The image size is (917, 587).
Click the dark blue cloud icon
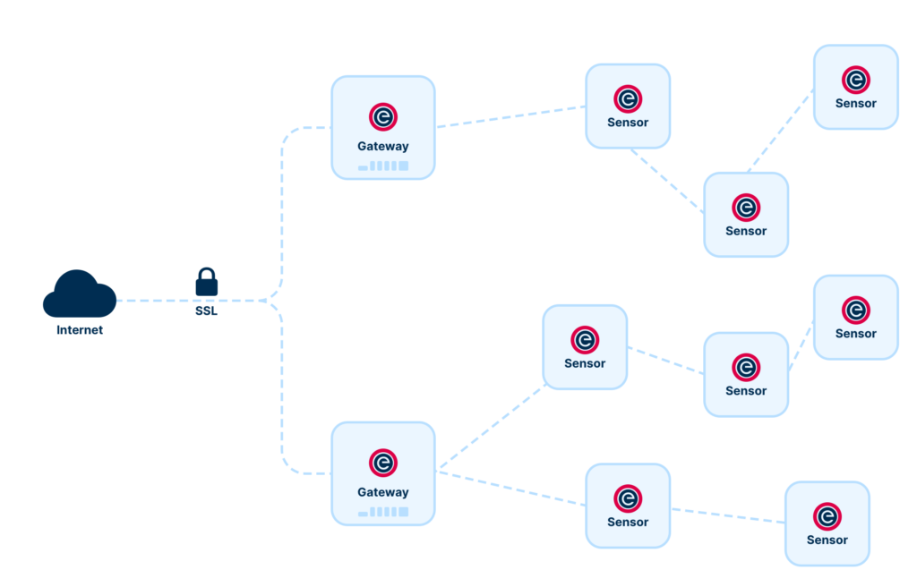(79, 294)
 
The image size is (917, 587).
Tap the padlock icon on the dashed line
(207, 282)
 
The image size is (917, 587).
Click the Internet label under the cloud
(80, 330)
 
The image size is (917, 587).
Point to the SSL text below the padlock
(206, 313)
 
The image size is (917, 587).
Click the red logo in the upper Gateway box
(383, 117)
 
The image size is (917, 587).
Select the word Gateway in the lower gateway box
(383, 492)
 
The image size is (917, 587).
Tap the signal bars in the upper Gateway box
(383, 166)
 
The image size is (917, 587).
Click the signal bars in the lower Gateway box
(383, 512)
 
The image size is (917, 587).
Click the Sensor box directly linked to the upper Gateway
(628, 106)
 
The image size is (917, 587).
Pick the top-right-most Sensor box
(855, 87)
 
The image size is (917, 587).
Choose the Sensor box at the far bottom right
(827, 523)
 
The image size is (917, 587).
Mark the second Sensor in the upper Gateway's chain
(746, 215)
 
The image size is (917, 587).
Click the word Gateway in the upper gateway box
(383, 147)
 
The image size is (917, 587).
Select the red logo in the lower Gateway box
(383, 463)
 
